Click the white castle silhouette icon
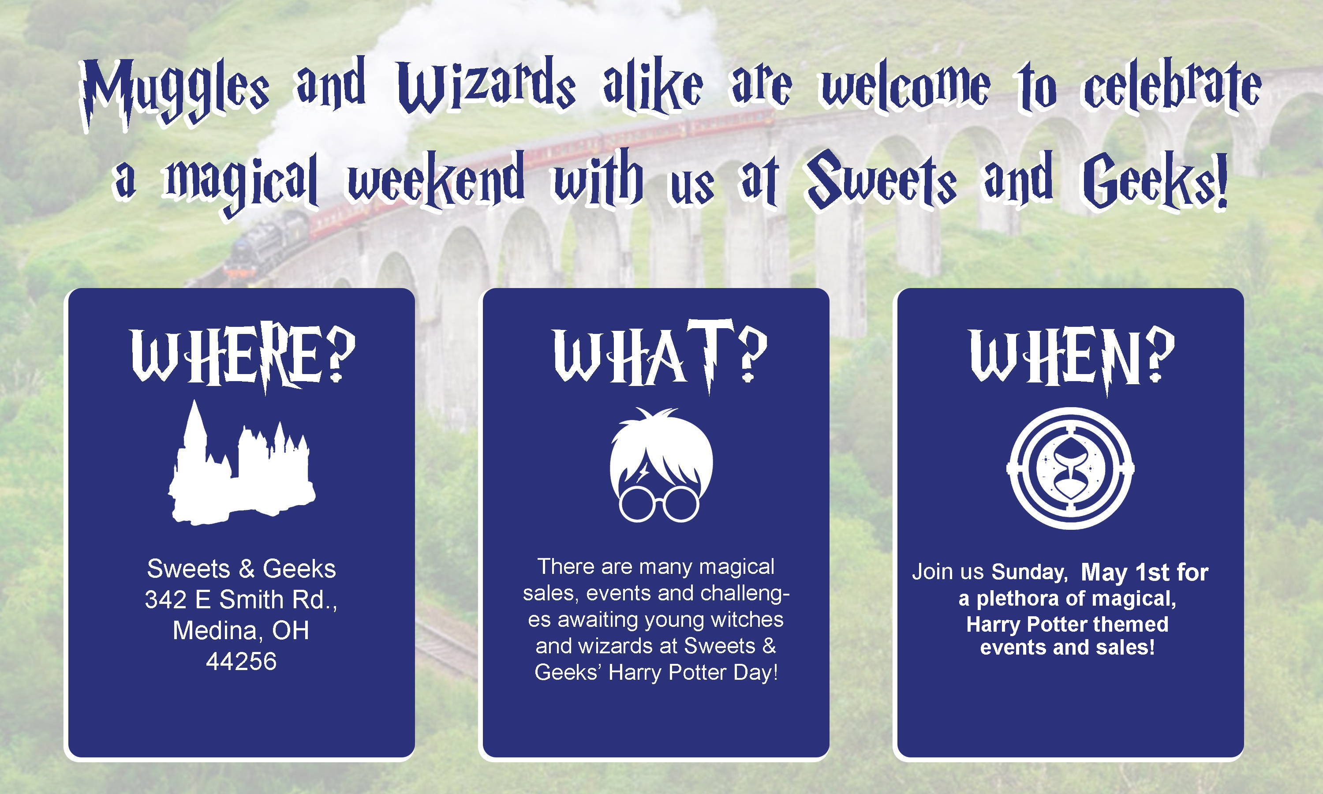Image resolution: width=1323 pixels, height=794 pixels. (242, 463)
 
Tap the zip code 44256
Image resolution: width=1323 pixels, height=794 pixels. (241, 661)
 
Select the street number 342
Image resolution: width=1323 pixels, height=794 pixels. (166, 600)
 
